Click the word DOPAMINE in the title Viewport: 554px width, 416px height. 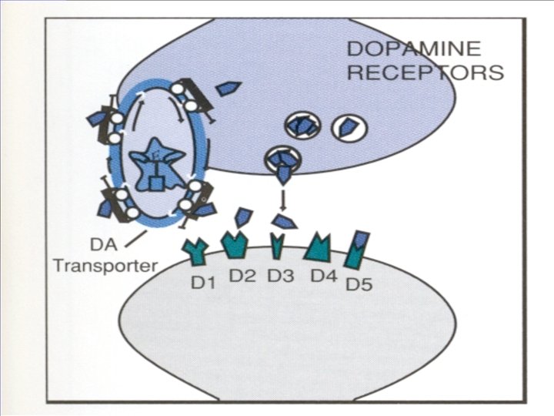tap(414, 49)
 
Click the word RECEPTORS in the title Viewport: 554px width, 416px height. tap(425, 73)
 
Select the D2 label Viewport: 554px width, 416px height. tap(242, 275)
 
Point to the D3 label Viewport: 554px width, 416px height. tap(282, 275)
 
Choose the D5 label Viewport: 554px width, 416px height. tap(359, 284)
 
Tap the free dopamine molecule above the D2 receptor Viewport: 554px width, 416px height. tap(242, 216)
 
